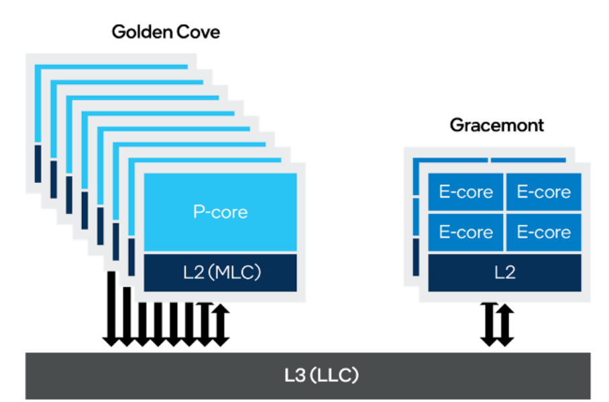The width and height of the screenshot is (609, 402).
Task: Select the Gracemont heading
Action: tap(496, 125)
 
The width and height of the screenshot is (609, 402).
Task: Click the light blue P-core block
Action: tap(221, 212)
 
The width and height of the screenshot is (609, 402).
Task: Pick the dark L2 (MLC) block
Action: tap(221, 273)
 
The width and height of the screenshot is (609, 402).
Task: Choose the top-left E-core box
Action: tap(466, 192)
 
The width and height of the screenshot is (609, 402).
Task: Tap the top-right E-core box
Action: tap(543, 192)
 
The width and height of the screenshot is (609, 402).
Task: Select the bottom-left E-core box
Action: tap(466, 232)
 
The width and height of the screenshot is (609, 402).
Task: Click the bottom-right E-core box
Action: tap(543, 232)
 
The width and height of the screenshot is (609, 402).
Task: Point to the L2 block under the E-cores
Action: tap(504, 273)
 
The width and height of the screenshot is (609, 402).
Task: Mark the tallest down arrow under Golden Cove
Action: tap(111, 308)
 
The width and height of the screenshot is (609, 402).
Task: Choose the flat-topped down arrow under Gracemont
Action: tap(489, 324)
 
